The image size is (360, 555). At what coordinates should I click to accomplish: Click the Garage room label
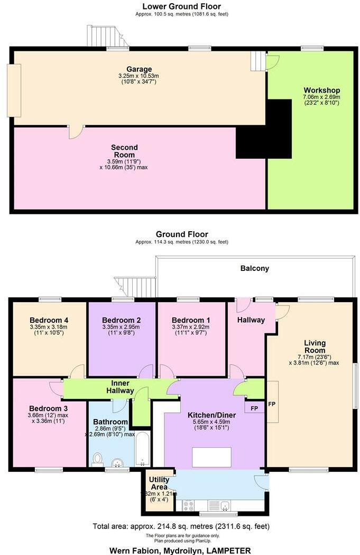coord(139,69)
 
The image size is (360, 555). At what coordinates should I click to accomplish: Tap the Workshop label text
coord(321,90)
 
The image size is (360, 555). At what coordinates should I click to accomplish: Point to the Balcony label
coord(255,268)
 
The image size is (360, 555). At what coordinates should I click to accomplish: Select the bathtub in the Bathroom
coord(142,448)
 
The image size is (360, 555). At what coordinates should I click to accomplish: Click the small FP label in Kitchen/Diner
coord(254,408)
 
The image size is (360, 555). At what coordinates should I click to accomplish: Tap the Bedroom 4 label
coord(49,320)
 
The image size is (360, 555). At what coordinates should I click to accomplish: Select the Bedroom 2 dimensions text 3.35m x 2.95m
coord(121,327)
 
